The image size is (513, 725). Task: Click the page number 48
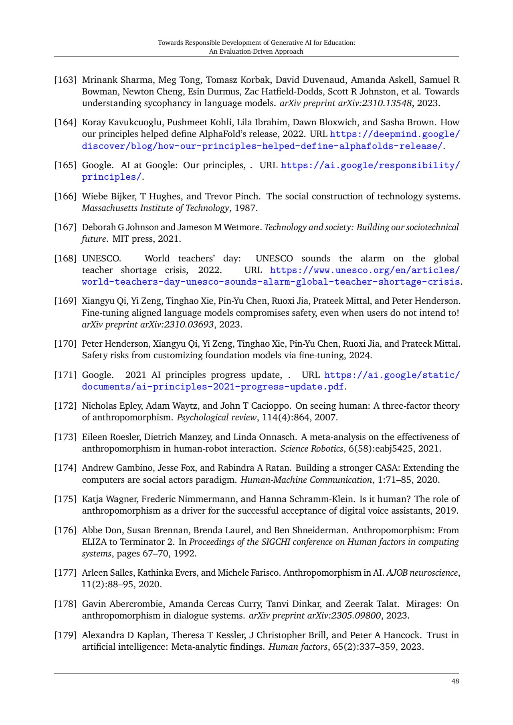point(455,681)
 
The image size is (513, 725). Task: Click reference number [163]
point(65,80)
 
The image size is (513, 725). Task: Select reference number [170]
point(65,343)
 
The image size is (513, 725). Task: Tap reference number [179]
point(65,635)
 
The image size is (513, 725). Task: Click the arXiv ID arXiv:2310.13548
point(375,103)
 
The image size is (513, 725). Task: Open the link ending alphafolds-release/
point(262,146)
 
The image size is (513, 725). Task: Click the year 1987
point(246,208)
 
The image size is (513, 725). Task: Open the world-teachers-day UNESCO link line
point(271,281)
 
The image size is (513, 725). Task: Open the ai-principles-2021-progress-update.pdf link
point(213,387)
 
